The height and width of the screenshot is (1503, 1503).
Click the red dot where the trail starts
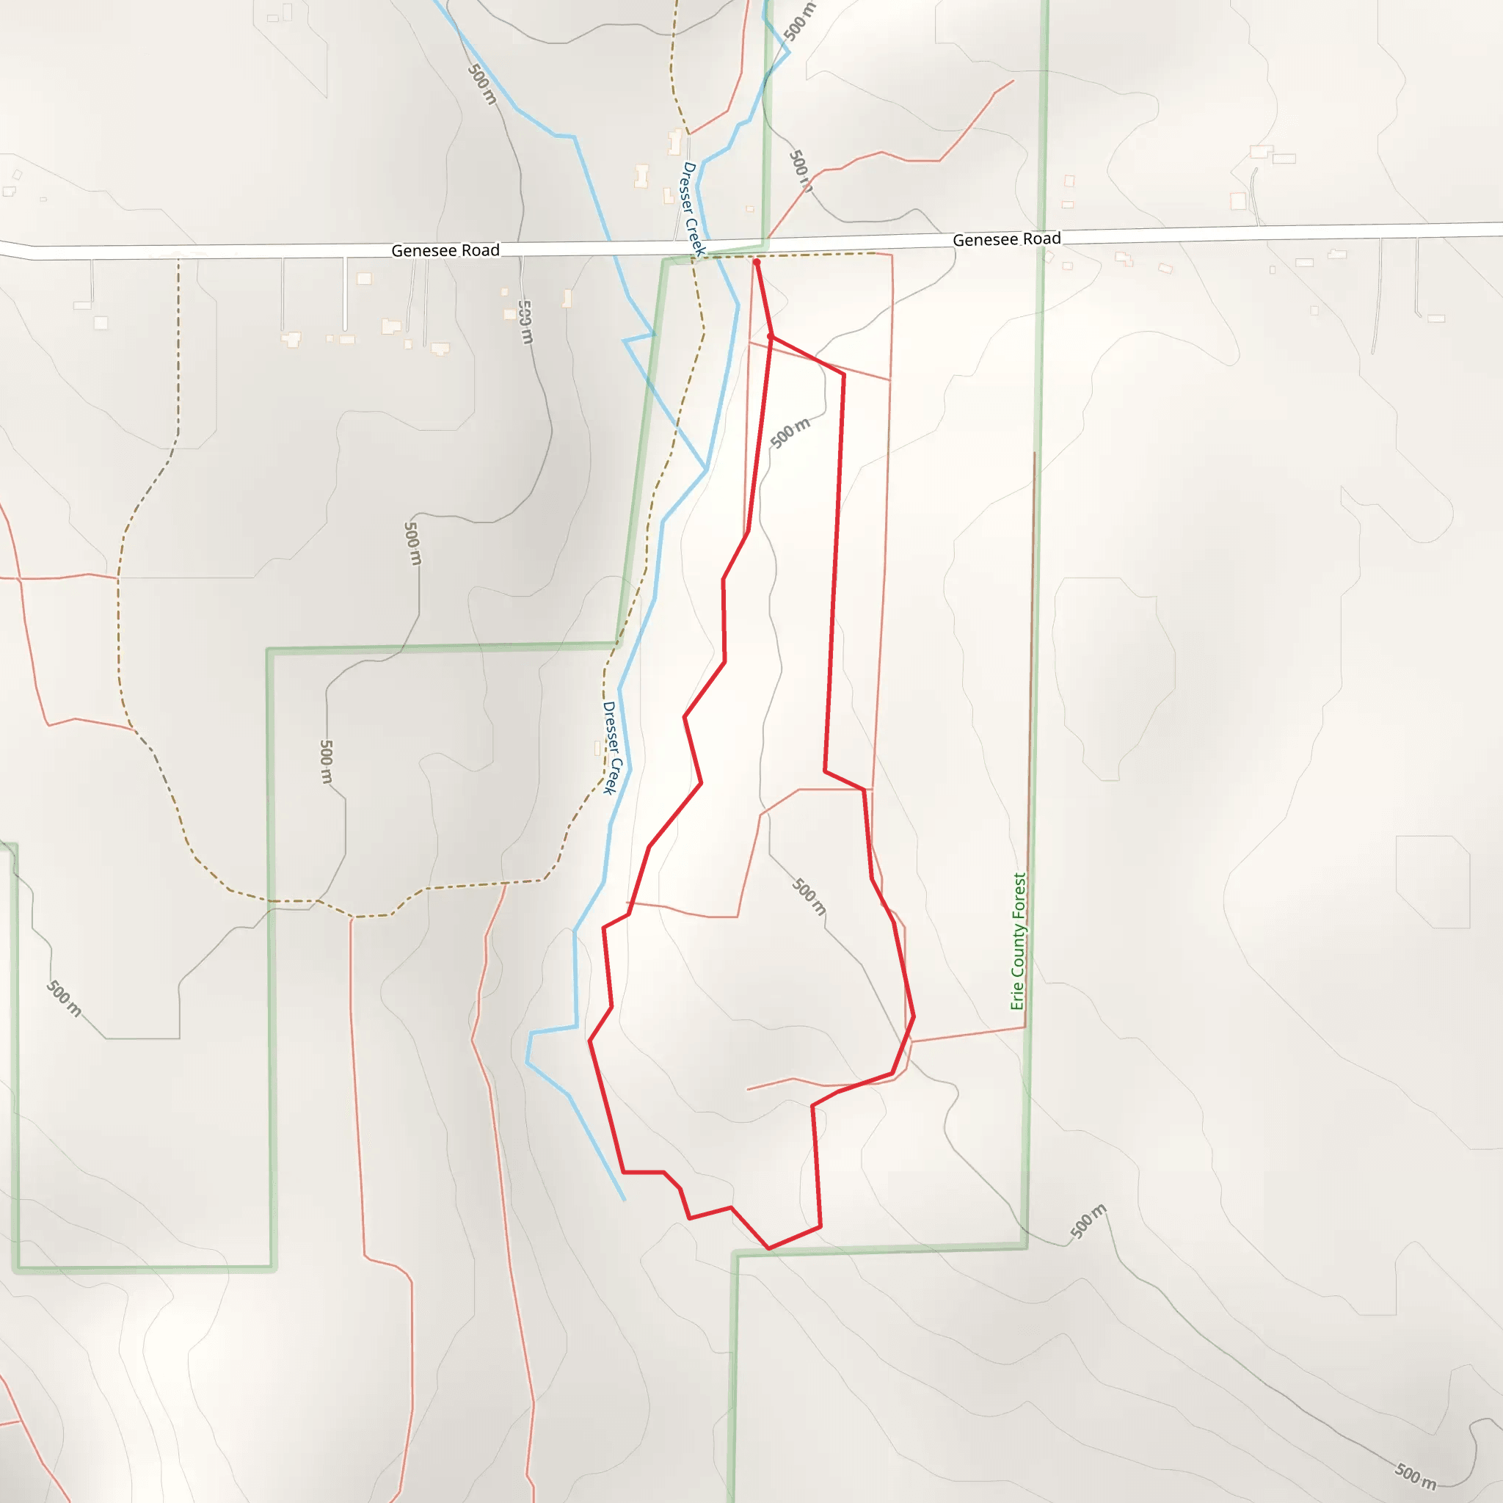point(756,262)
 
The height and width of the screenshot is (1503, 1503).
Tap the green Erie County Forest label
point(1019,942)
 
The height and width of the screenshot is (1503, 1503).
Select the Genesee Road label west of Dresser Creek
point(445,250)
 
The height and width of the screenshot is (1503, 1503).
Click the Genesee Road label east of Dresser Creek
point(1007,239)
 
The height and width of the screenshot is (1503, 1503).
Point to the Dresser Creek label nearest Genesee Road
point(692,208)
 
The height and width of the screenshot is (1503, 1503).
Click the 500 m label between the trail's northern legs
point(790,432)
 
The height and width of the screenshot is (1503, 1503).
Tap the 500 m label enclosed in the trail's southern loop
point(809,897)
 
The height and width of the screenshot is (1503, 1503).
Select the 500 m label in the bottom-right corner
point(1415,1476)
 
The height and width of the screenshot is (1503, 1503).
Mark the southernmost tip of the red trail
point(768,1248)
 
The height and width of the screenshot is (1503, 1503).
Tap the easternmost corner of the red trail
point(914,1016)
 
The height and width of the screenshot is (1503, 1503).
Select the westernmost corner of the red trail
point(590,1041)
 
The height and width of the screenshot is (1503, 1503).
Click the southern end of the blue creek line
point(624,1201)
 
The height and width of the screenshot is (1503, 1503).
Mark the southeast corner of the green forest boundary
point(1026,1247)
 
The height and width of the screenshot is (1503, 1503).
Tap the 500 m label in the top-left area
point(482,84)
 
